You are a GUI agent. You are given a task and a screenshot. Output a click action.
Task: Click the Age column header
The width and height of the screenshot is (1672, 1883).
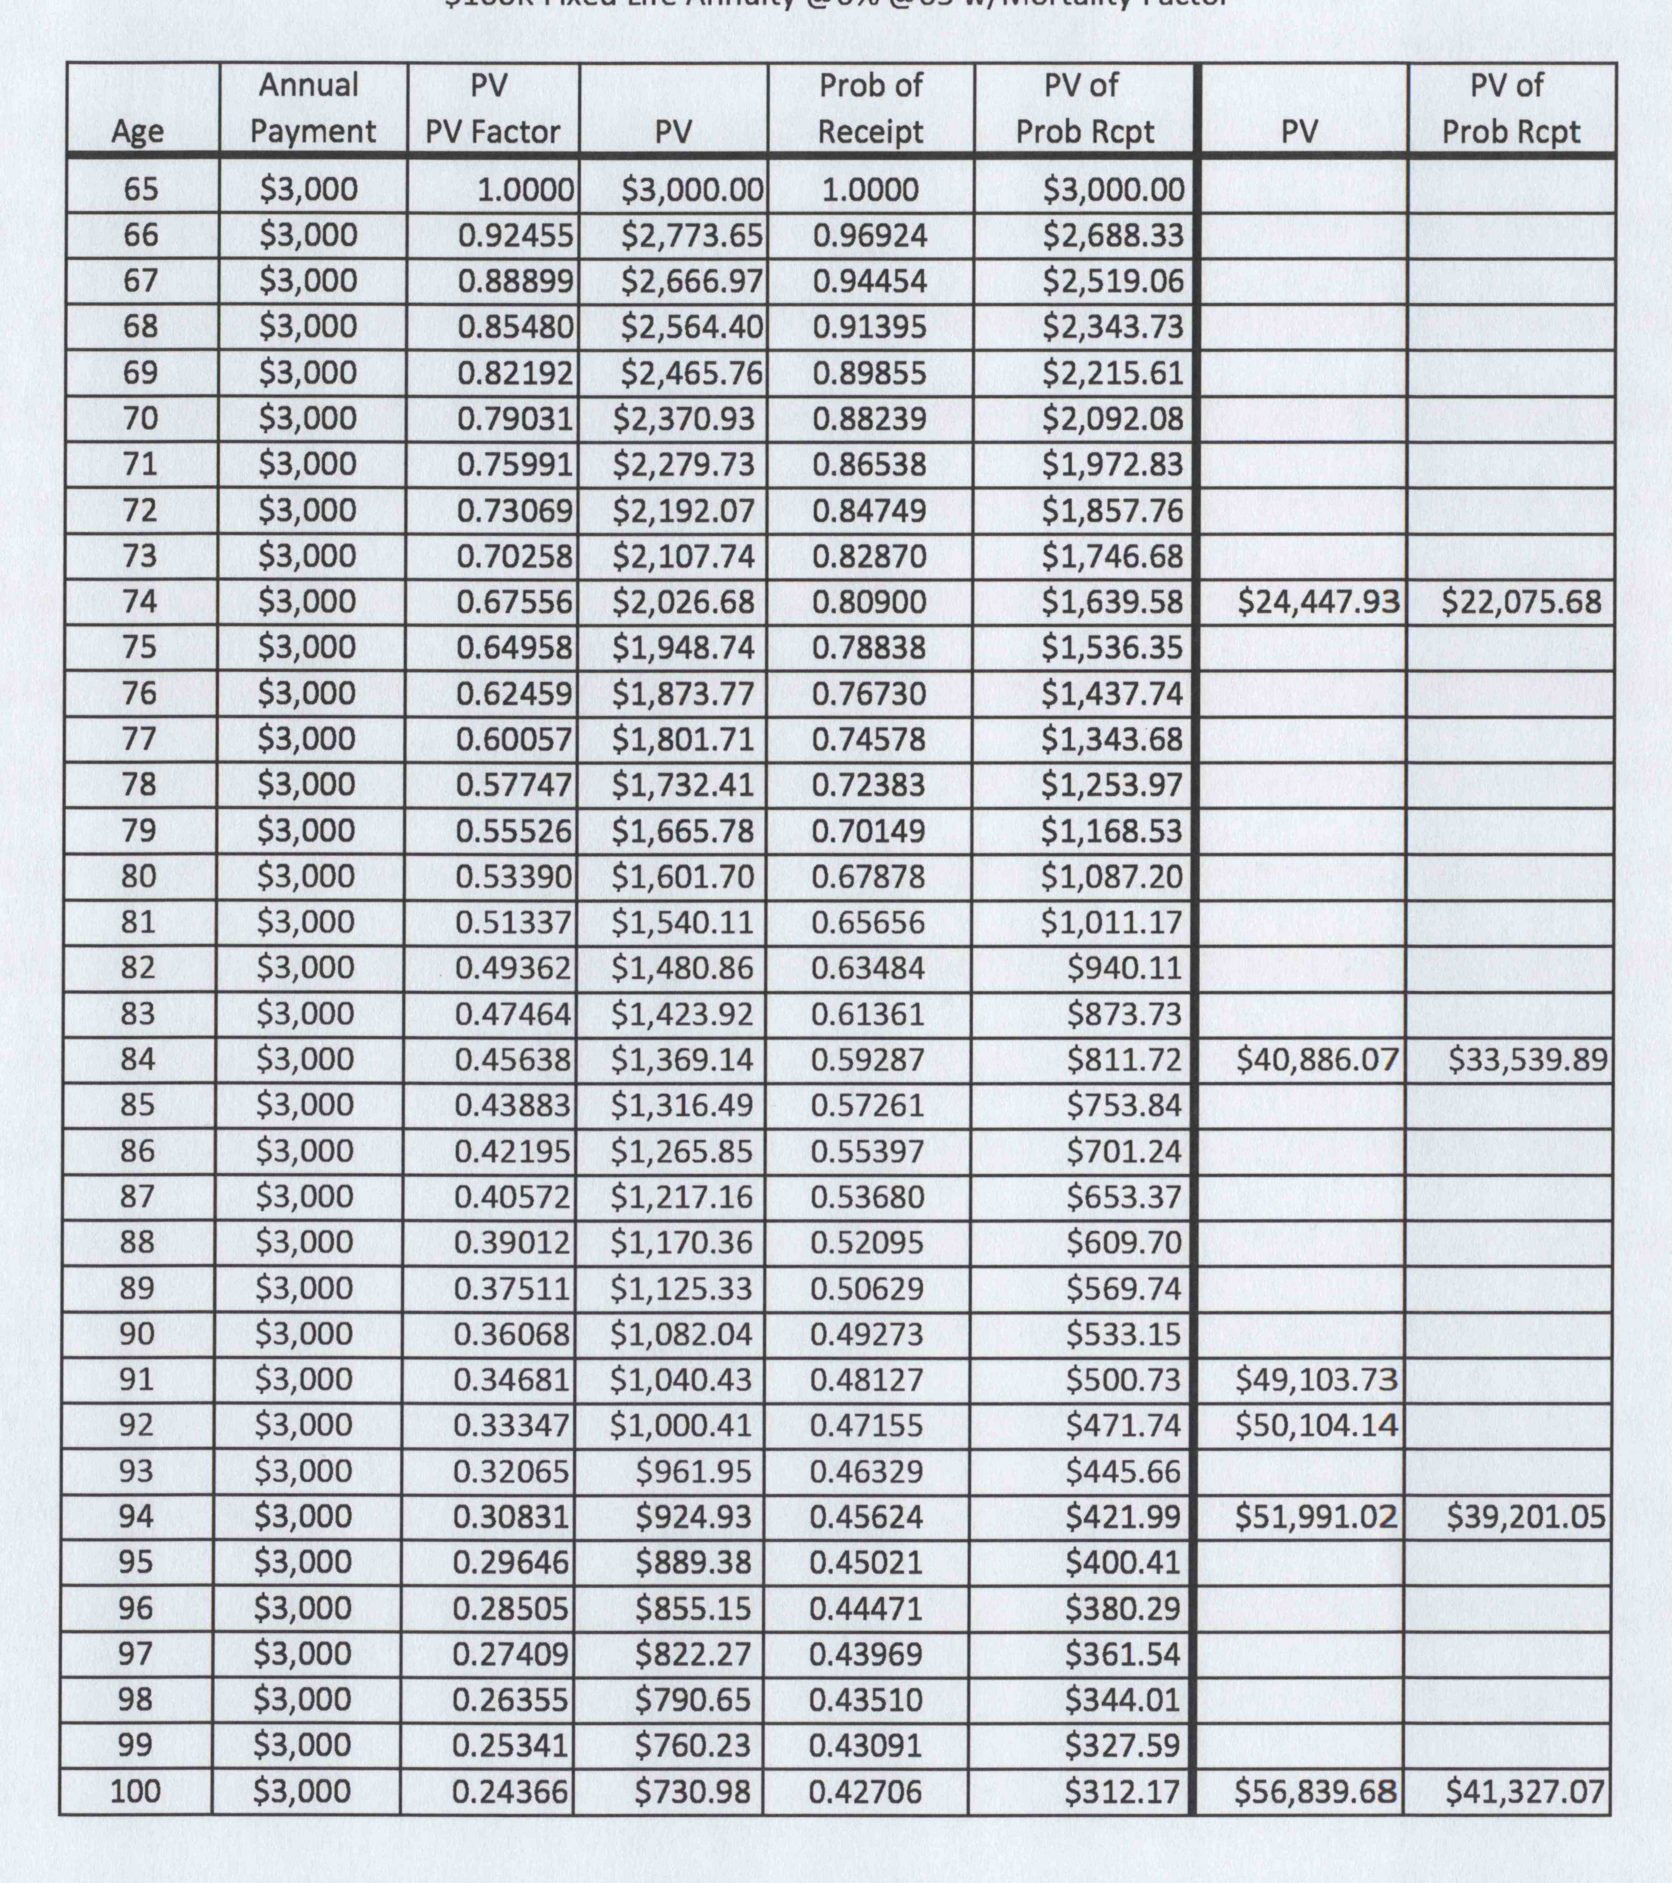click(x=138, y=131)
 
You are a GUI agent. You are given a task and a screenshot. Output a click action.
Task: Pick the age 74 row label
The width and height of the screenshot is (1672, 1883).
click(x=140, y=602)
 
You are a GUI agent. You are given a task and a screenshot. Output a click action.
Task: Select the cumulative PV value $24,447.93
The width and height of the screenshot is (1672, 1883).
click(x=1317, y=602)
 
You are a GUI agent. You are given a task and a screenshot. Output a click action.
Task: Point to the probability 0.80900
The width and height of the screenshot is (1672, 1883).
click(x=869, y=602)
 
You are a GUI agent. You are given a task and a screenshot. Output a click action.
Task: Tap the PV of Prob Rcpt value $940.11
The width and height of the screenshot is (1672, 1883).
click(x=1124, y=967)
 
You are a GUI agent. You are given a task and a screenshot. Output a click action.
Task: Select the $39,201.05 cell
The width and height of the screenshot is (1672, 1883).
click(x=1525, y=1516)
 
